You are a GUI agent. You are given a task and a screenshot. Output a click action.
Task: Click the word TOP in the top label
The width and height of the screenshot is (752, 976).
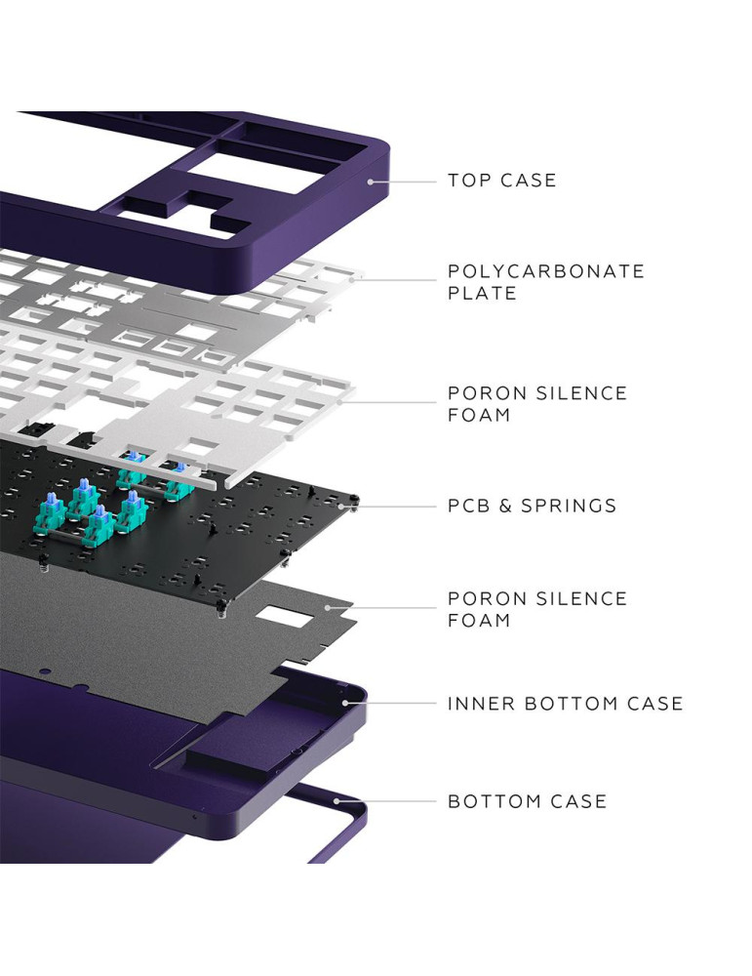coord(468,181)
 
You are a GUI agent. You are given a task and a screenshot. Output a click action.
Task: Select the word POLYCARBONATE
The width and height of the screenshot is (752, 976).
coord(546,271)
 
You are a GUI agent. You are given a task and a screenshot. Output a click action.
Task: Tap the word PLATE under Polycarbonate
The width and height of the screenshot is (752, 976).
coord(482,293)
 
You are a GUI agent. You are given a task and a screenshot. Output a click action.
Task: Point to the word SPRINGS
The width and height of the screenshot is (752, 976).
coord(570,506)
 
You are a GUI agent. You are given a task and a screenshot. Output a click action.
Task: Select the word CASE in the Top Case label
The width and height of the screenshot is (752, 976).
coord(529,181)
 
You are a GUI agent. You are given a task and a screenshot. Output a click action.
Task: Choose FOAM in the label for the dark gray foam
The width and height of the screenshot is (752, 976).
coord(479,620)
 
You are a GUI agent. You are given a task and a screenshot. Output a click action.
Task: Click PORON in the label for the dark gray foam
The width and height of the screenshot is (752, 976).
coord(483,598)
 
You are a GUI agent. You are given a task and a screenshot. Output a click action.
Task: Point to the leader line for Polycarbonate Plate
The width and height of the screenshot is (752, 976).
coord(395,280)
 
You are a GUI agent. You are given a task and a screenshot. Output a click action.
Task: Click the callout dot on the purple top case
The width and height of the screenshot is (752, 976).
coord(372,181)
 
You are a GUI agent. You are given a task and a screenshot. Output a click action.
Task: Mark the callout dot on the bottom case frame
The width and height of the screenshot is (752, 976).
coord(337,801)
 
